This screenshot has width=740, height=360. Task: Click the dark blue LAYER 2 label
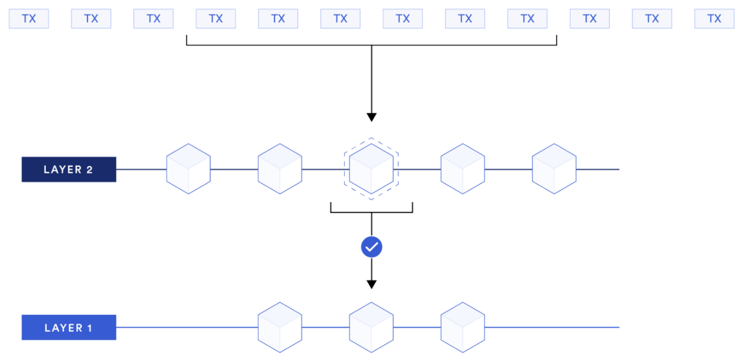[68, 170]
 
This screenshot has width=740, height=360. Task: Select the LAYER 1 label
[68, 328]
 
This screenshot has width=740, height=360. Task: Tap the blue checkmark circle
[371, 247]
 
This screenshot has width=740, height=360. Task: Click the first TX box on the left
[29, 19]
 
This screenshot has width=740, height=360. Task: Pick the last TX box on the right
[714, 19]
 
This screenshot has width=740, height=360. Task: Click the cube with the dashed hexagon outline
[371, 168]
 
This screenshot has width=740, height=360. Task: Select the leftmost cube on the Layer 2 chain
[188, 168]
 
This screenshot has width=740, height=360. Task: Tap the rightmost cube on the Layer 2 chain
[554, 168]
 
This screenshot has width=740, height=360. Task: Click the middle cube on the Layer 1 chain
[371, 327]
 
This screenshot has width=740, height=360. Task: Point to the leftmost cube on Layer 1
[280, 327]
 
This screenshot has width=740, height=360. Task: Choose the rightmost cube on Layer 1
[462, 327]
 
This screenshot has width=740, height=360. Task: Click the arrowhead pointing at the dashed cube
[371, 118]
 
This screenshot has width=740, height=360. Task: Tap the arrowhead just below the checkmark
[371, 284]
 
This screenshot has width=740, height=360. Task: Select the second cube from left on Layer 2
[280, 168]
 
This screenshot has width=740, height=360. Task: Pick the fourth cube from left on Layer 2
[462, 168]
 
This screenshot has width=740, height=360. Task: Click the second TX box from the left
[91, 19]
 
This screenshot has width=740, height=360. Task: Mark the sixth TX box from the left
[340, 19]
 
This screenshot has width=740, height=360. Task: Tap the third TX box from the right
[590, 19]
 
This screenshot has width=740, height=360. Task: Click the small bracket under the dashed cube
[371, 212]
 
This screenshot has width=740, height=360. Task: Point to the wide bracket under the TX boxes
[371, 45]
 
